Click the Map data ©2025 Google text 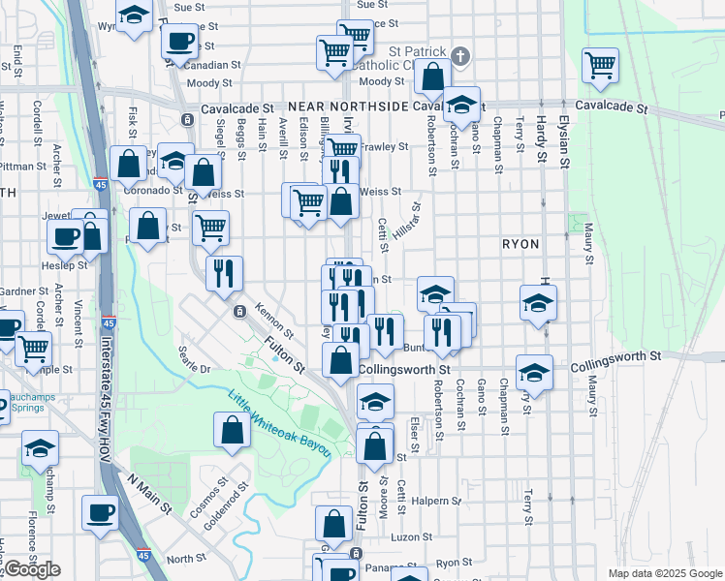click(664, 573)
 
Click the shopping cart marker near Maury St click(600, 66)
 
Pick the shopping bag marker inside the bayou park click(233, 431)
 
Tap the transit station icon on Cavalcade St click(185, 120)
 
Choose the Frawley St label click(385, 147)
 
